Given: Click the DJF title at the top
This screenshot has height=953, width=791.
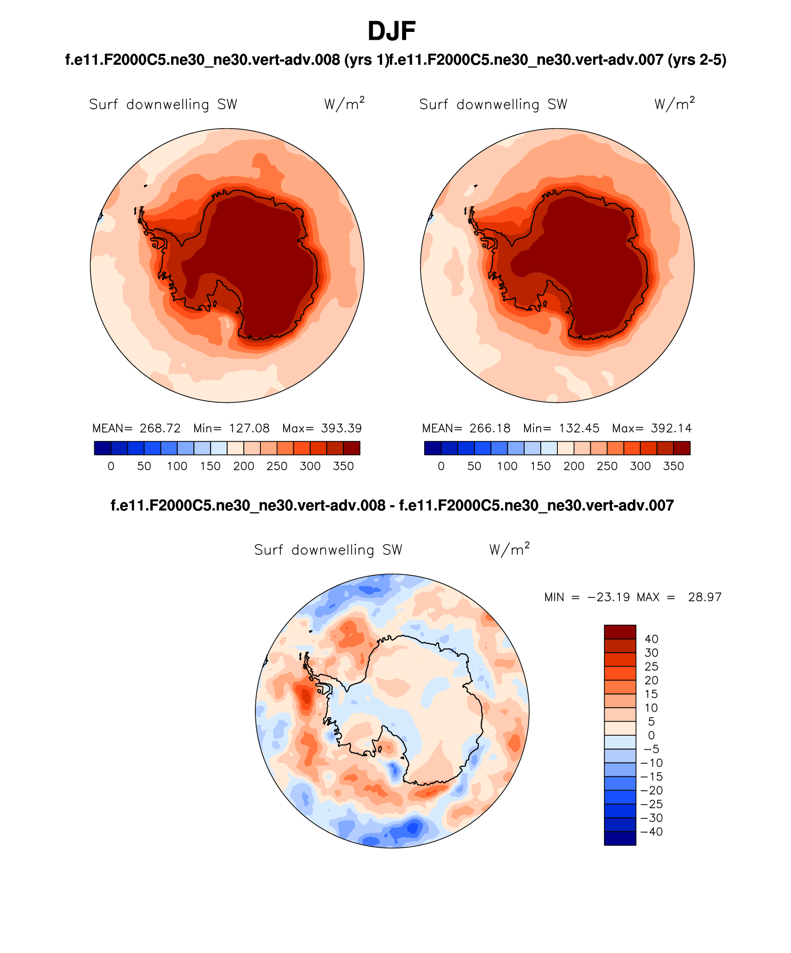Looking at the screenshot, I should point(391,31).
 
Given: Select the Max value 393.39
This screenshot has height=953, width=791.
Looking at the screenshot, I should point(341,428).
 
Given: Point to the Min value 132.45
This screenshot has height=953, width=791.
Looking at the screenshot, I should point(579,428).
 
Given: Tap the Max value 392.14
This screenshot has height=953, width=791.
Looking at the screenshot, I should point(671,428).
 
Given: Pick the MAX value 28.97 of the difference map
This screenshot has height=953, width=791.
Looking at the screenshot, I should point(704,597).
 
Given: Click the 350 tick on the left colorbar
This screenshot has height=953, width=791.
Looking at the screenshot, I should point(343,466).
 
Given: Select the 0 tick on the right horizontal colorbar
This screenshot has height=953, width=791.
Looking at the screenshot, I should point(441,466).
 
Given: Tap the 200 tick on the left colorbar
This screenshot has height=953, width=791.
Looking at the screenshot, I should point(244,466).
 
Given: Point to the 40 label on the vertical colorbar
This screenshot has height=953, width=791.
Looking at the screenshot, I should point(651,639).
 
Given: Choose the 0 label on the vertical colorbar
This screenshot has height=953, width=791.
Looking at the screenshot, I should point(651,735).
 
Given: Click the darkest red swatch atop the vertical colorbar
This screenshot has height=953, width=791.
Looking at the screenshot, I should point(620,632).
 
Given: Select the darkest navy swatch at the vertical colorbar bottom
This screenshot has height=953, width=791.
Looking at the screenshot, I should point(620,838).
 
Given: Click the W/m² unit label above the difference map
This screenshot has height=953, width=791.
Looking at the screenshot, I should point(509,549).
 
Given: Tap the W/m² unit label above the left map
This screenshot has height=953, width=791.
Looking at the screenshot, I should point(344,104).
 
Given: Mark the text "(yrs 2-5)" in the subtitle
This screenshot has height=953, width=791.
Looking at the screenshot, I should point(697,60).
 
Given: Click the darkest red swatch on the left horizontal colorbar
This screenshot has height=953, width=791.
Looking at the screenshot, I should point(352,448).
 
